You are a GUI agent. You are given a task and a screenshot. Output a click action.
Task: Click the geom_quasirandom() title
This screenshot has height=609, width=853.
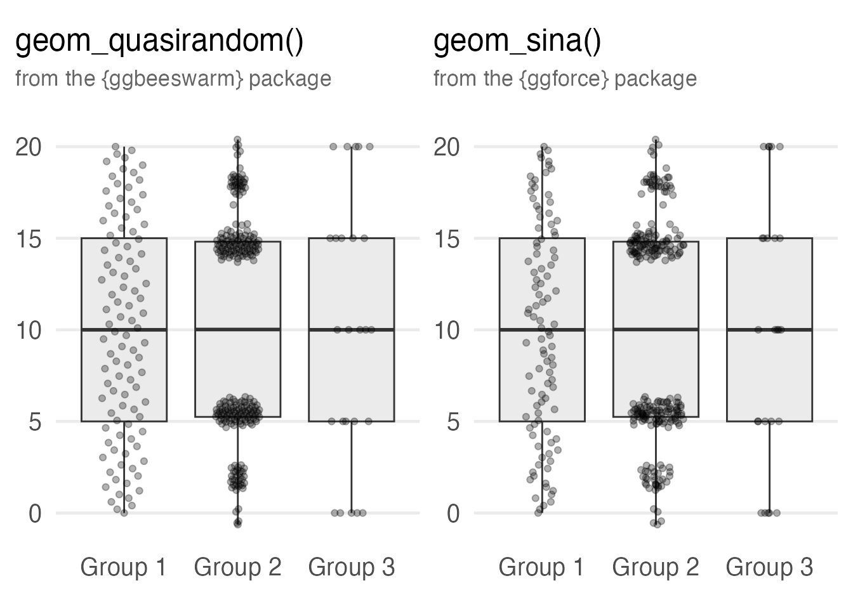159,42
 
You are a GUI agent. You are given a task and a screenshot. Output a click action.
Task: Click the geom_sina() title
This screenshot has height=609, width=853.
517,42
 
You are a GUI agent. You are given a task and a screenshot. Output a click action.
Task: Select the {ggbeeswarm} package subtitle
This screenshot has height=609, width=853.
173,79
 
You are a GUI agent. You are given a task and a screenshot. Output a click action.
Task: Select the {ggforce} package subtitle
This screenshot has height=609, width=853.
565,79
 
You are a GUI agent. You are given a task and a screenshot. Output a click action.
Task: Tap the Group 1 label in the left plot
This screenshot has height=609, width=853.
123,566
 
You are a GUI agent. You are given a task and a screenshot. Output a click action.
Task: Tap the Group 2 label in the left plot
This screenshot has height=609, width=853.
237,566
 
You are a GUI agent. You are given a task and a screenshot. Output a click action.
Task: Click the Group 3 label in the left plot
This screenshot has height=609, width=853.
351,566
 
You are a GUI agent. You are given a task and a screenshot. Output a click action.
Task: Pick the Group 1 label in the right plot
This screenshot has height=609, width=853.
541,566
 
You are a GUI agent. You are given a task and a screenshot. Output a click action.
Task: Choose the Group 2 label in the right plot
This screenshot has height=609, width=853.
655,566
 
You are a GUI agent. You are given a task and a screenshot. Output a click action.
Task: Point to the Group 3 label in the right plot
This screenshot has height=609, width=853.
769,566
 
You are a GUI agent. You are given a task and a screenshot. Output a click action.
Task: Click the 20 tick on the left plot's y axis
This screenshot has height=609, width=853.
28,147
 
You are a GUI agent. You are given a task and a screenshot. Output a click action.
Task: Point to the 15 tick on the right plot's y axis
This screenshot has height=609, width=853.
446,239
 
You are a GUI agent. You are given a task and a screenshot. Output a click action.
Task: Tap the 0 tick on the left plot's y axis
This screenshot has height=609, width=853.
35,513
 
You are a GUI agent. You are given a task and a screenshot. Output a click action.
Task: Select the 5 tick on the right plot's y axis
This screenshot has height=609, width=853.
453,422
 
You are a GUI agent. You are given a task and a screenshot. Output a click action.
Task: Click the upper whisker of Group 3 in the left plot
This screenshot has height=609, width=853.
352,190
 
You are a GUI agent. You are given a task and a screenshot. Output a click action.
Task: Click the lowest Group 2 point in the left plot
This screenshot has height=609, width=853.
237,523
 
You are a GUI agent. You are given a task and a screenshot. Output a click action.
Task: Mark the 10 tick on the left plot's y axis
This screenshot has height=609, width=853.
28,331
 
